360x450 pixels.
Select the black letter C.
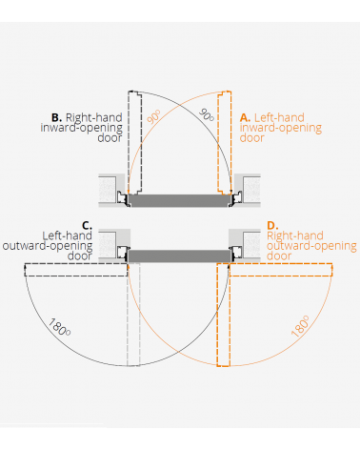pos(87,225)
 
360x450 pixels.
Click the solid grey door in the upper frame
pos(180,200)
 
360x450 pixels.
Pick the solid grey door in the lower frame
pos(180,255)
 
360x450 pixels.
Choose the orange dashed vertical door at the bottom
pos(225,315)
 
